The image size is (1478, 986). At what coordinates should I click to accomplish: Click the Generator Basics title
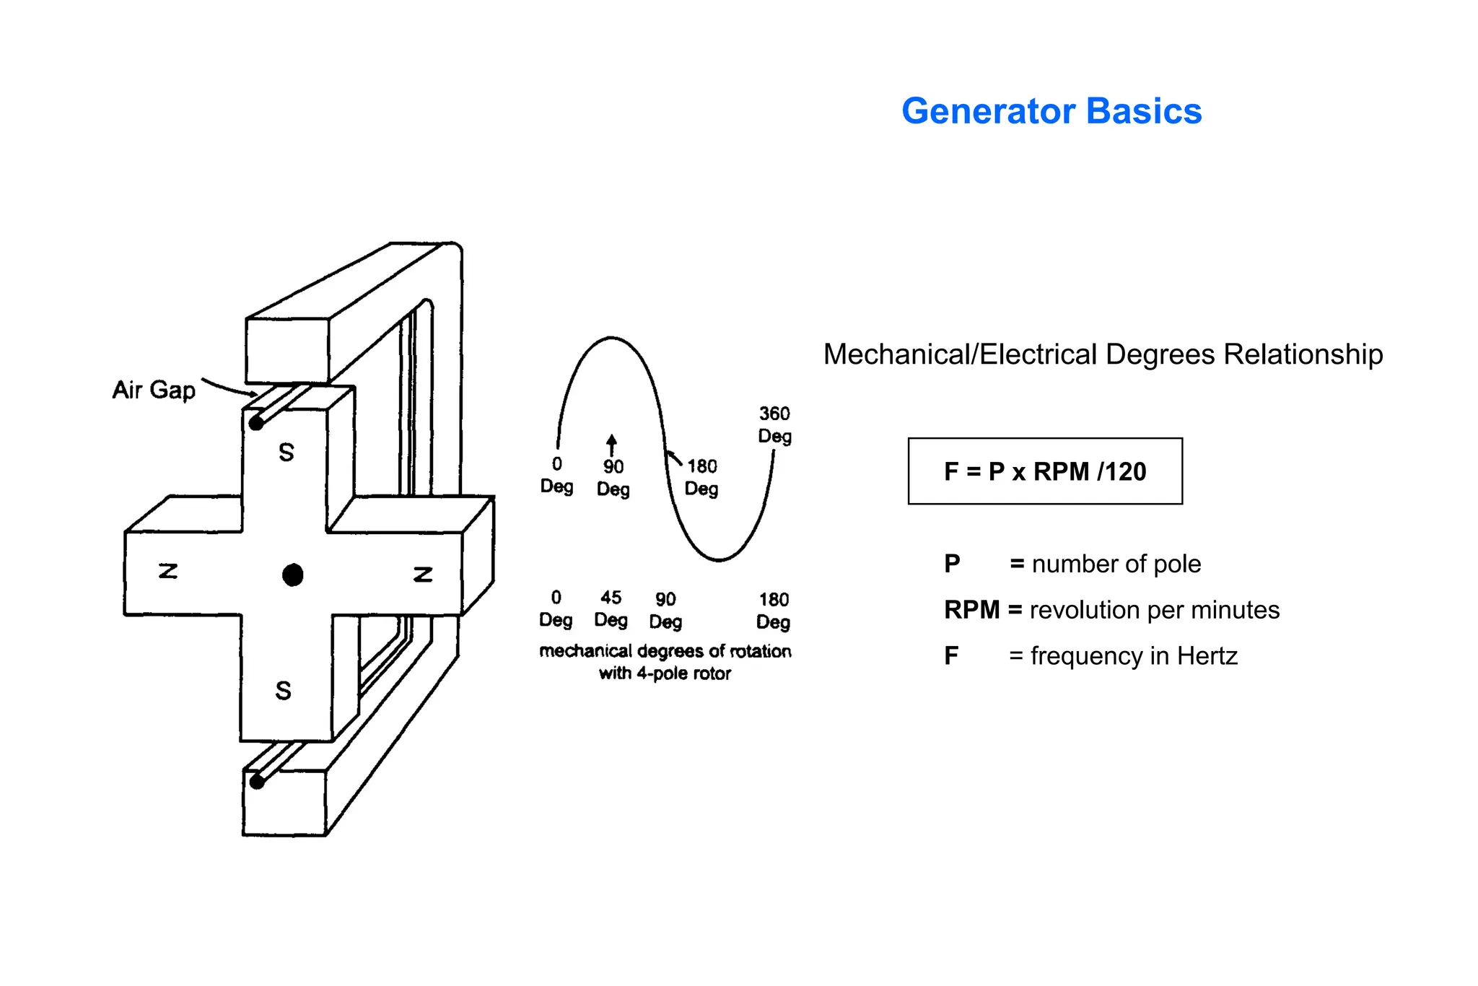[x=1051, y=111]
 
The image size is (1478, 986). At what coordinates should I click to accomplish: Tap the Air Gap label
[x=154, y=390]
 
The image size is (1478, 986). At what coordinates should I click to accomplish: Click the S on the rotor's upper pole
[x=287, y=453]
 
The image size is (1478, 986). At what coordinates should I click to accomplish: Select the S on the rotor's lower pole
[x=284, y=691]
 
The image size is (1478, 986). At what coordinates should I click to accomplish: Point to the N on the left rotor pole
[x=168, y=572]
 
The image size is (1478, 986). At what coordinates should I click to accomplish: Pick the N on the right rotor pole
[x=423, y=575]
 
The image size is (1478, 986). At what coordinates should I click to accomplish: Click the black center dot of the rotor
[x=292, y=575]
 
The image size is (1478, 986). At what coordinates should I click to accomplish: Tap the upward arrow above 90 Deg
[x=611, y=444]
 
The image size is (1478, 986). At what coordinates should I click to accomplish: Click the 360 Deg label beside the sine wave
[x=774, y=424]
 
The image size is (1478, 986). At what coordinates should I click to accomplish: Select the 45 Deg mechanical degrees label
[x=611, y=608]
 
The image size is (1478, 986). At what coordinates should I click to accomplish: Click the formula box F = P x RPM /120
[x=1044, y=471]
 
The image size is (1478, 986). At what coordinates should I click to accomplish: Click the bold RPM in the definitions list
[x=971, y=610]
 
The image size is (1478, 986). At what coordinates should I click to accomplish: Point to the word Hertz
[x=1207, y=656]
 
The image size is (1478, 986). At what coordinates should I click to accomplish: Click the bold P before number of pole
[x=952, y=564]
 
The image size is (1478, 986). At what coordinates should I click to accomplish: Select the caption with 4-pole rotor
[x=665, y=673]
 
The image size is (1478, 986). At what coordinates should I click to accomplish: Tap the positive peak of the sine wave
[x=611, y=338]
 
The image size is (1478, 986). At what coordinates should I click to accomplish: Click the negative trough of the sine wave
[x=720, y=559]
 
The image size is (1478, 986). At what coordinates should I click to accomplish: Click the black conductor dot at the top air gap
[x=255, y=423]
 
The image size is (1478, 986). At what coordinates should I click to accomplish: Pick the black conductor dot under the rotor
[x=256, y=781]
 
